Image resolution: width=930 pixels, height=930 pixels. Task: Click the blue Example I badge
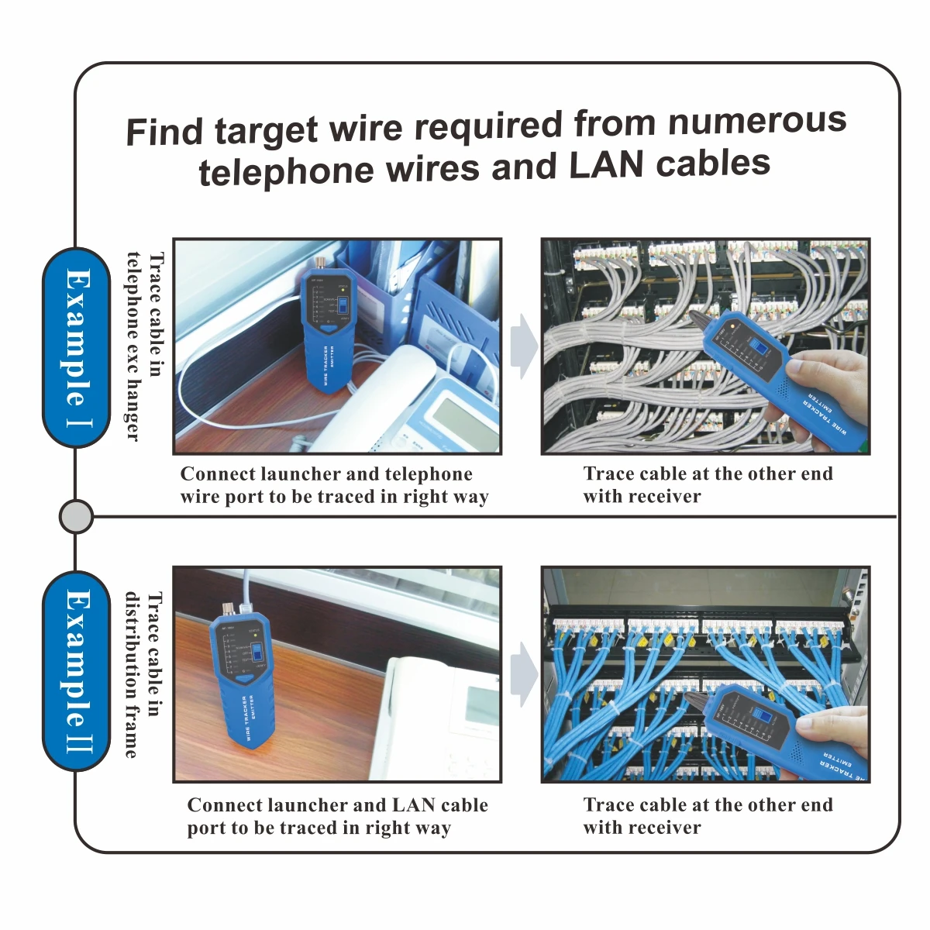tap(76, 347)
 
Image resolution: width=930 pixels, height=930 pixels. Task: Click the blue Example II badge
tap(76, 671)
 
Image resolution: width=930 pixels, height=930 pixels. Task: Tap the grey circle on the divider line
tap(76, 516)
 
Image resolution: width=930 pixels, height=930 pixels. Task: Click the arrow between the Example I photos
tap(523, 346)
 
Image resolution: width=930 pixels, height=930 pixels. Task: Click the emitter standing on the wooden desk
tap(241, 674)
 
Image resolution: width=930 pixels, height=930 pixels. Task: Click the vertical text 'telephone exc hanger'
tap(134, 346)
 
